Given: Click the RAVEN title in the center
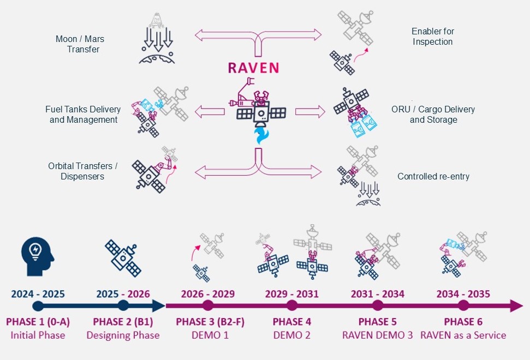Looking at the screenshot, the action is (253, 68).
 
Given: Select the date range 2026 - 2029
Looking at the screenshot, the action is (207, 294).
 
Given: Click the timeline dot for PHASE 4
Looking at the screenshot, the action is (291, 306).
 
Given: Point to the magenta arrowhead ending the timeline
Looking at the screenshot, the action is (516, 305).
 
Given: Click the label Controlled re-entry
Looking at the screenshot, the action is (433, 176).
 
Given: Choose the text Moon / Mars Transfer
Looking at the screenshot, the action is (80, 44).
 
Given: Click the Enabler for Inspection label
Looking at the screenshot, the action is (433, 37).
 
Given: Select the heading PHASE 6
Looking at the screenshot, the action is (463, 321).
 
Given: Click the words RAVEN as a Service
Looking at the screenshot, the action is (463, 335).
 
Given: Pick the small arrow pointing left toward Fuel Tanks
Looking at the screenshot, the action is (210, 111).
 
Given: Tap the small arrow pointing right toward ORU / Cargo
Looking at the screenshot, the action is (310, 111).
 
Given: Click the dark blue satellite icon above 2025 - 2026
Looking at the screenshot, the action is (123, 258).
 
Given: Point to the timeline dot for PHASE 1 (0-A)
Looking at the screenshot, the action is (38, 306).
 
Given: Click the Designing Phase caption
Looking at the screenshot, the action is (123, 335).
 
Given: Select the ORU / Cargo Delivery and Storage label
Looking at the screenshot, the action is (433, 115).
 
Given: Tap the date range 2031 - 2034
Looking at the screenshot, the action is (378, 294).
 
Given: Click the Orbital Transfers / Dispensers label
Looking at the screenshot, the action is (82, 171).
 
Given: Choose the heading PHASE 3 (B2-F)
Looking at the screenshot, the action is (210, 322).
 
